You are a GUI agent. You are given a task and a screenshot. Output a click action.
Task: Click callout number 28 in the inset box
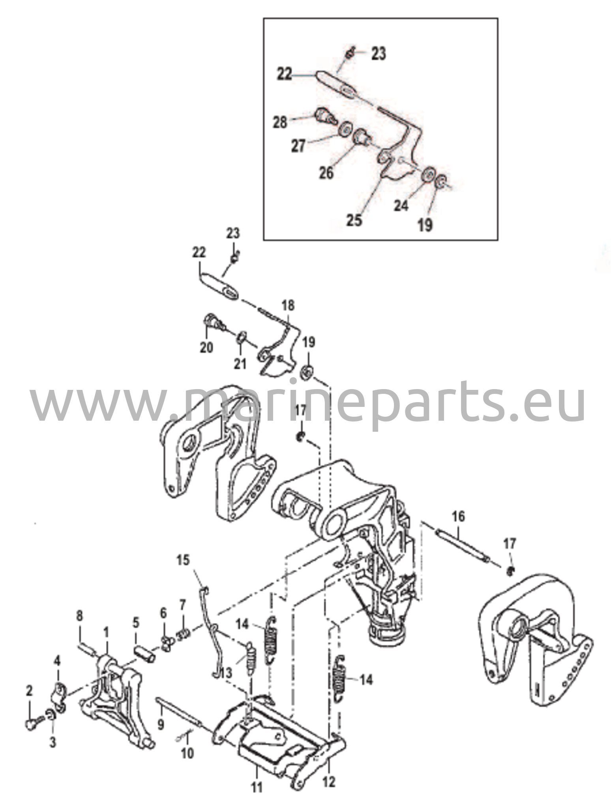[280, 122]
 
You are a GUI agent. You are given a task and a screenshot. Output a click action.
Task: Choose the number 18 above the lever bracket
[288, 305]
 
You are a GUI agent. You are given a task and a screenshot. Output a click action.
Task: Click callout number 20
[206, 347]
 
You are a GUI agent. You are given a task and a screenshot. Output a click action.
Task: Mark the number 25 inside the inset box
[354, 220]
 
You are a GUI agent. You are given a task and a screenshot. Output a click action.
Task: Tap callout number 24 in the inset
[401, 205]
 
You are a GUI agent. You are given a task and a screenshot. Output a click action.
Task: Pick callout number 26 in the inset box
[326, 173]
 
